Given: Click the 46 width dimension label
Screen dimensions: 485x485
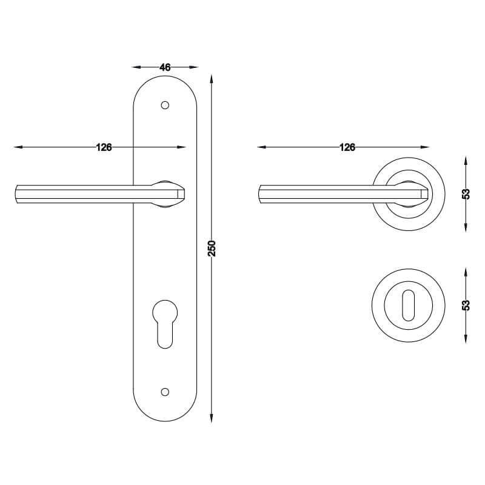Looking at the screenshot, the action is tap(165, 67).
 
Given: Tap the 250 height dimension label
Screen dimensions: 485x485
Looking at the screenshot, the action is tap(212, 248).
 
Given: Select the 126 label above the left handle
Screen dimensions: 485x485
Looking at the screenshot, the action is tap(104, 147).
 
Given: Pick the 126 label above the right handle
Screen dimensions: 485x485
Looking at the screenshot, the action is tap(347, 147).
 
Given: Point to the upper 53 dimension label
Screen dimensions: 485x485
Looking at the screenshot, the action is tap(466, 194).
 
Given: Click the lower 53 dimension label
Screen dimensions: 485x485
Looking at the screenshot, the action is tap(466, 306).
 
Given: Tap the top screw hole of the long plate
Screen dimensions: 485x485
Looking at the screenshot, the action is tap(165, 105).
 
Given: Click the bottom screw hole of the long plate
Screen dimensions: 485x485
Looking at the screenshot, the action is tap(165, 392).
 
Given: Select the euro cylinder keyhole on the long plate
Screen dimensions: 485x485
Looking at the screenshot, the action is tap(165, 324).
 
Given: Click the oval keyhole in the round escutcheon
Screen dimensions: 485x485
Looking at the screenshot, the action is tap(408, 306).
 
